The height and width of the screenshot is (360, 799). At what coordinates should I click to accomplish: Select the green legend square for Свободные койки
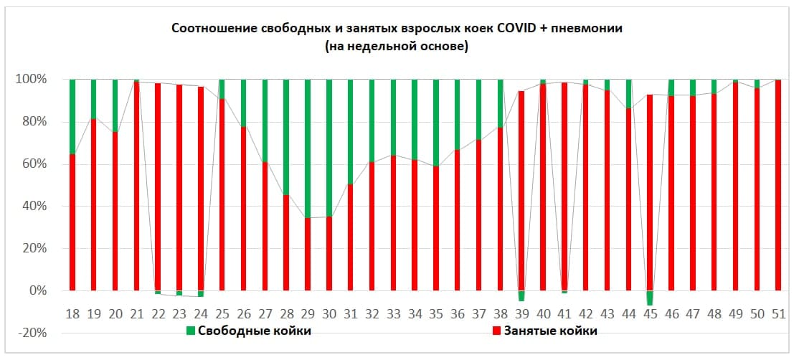(191, 331)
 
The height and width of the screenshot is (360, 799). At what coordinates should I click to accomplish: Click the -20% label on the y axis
(34, 333)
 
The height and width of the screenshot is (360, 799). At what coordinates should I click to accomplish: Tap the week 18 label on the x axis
(72, 313)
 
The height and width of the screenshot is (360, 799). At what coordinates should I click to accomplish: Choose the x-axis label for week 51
(777, 313)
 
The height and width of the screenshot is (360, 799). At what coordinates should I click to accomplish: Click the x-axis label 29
(308, 313)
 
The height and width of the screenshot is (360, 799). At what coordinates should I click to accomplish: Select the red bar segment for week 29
(308, 255)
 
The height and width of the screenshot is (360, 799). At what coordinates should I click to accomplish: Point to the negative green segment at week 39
(521, 295)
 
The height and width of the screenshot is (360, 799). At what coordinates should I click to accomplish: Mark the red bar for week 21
(136, 186)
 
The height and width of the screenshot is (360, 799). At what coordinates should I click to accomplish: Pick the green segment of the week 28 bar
(286, 136)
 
